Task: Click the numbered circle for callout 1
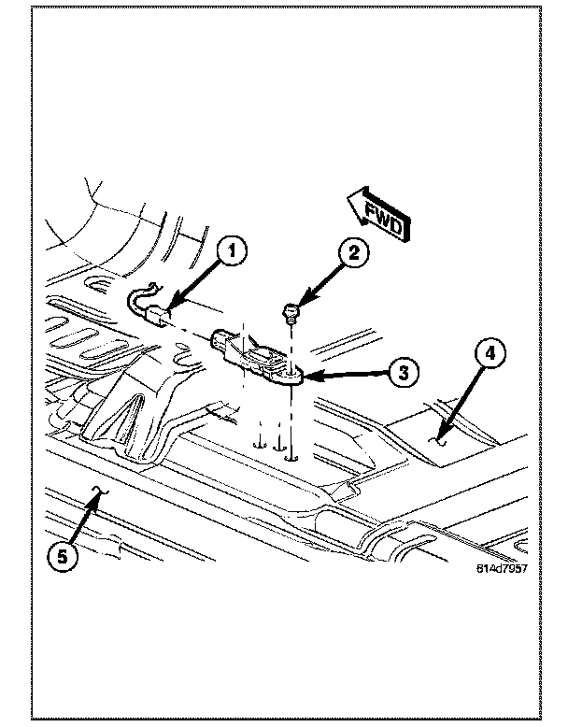(232, 250)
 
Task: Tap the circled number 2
(354, 253)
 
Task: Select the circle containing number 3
(404, 372)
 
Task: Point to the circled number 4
(490, 354)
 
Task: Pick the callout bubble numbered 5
(63, 556)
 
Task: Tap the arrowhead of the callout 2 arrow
(300, 305)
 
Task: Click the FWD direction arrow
(378, 214)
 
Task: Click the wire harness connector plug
(159, 317)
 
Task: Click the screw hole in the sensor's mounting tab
(291, 374)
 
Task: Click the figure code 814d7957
(502, 568)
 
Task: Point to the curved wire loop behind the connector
(139, 298)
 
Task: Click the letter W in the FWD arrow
(383, 217)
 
